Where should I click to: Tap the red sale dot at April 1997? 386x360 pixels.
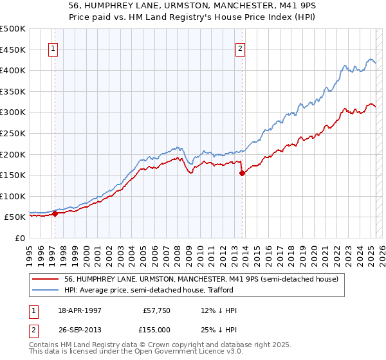tap(55, 214)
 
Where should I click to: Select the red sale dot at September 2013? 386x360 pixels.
tap(242, 173)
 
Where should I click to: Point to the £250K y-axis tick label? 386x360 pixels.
tap(13, 133)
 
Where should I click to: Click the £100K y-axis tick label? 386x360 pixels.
tap(13, 196)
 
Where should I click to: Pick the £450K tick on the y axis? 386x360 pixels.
tap(13, 50)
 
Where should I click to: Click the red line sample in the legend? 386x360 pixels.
tap(46, 279)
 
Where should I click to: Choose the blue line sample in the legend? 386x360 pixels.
tap(46, 290)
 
